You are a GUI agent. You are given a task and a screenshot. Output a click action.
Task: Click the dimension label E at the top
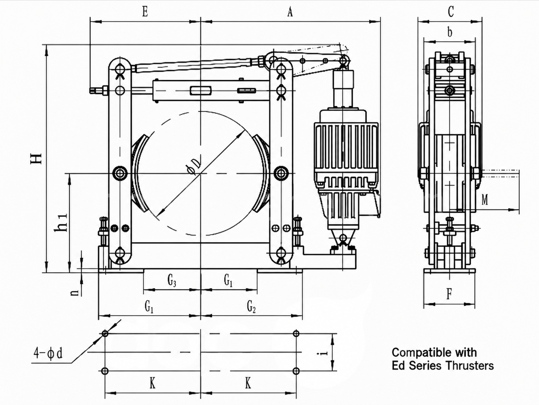pos(145,12)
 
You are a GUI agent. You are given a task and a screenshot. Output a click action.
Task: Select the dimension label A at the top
pos(290,12)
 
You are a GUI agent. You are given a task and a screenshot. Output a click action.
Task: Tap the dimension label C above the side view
pos(451,11)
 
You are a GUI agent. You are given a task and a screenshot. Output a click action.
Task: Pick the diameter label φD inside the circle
pos(194,167)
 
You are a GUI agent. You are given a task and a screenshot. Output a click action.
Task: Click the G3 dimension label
pos(172,281)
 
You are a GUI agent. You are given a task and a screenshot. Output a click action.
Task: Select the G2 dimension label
pos(251,307)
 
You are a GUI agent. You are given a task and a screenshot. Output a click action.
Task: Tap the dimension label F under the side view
pos(449,294)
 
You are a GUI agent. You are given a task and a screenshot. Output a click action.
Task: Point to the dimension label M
pos(485,200)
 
